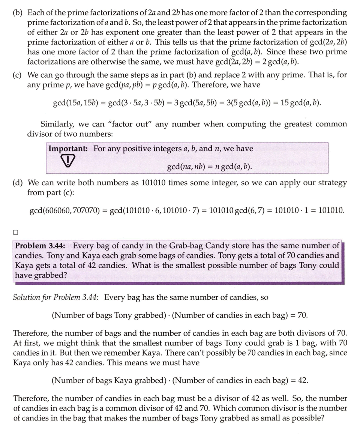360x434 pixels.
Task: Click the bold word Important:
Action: click(x=68, y=149)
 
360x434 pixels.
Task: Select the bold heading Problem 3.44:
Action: click(x=40, y=246)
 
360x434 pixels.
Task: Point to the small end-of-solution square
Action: click(x=16, y=233)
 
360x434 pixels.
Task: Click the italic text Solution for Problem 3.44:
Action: click(x=56, y=297)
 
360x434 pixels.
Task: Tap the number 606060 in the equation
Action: click(x=58, y=210)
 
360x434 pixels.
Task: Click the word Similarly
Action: click(x=57, y=124)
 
